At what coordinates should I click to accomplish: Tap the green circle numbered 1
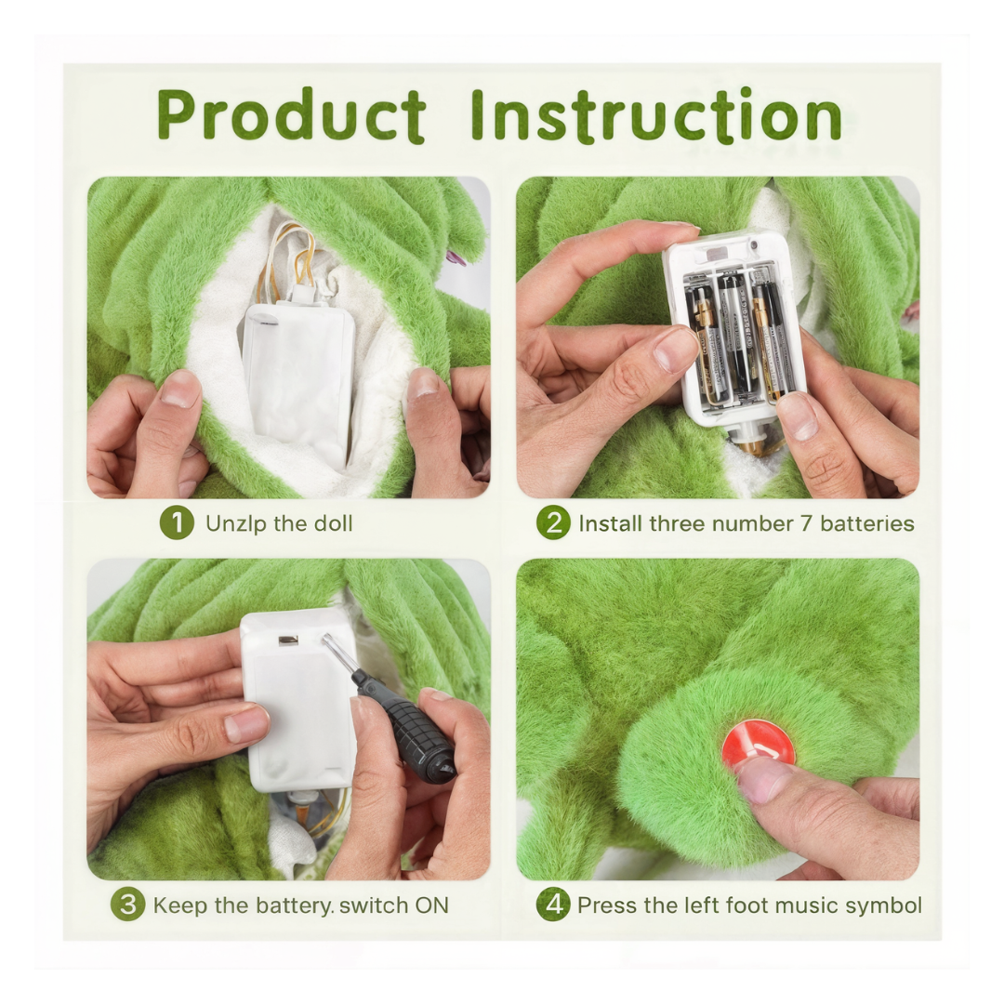(x=177, y=523)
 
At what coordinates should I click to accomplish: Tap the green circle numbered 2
(x=553, y=523)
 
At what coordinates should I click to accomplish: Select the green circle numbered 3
(x=127, y=905)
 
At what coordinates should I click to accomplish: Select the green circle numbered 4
(x=553, y=905)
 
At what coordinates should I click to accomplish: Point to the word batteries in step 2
(x=867, y=523)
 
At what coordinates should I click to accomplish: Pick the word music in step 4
(x=800, y=905)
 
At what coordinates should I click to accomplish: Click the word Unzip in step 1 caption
(x=234, y=523)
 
